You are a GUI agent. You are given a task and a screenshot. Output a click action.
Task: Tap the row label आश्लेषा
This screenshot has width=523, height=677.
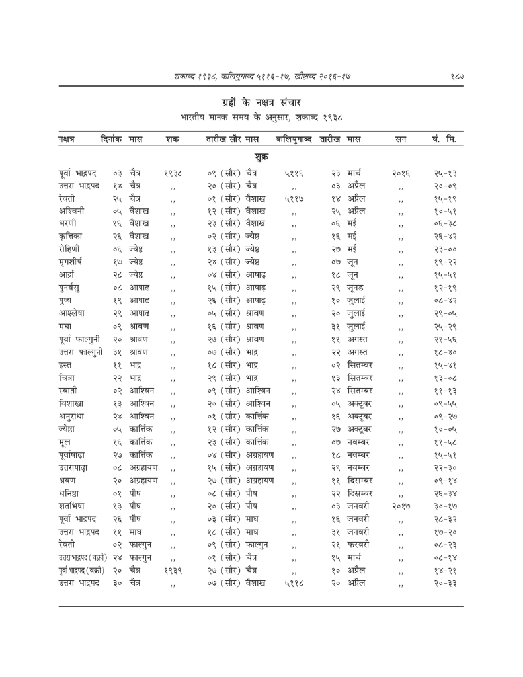tap(73, 338)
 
